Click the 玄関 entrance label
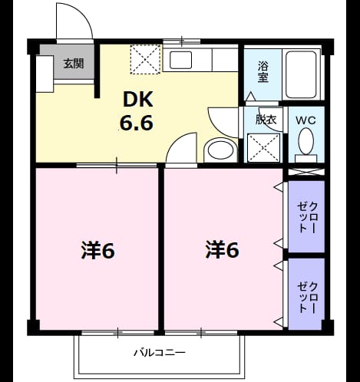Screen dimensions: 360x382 pos(74,64)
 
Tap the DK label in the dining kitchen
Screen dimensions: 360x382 pos(138,100)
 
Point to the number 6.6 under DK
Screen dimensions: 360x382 pos(137,123)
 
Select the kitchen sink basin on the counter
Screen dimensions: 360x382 pos(180,60)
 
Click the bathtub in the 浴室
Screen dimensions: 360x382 pos(301,74)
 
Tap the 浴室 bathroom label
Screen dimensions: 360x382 pos(263,72)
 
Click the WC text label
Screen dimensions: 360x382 pos(306,120)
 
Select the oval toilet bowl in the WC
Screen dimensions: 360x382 pos(306,141)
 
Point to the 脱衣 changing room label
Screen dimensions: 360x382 pos(266,120)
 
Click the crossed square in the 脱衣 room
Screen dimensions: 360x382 pos(264,148)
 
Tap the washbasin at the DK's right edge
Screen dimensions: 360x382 pos(220,150)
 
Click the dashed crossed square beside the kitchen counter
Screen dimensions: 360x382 pos(146,60)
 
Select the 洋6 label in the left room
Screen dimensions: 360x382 pos(98,250)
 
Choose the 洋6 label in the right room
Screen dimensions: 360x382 pos(223,249)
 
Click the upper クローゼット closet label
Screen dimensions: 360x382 pos(307,217)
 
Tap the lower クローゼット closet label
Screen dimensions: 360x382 pos(307,298)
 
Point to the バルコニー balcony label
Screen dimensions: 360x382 pos(160,353)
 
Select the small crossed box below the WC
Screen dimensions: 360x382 pos(306,172)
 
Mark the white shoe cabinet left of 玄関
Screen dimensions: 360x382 pos(45,74)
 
